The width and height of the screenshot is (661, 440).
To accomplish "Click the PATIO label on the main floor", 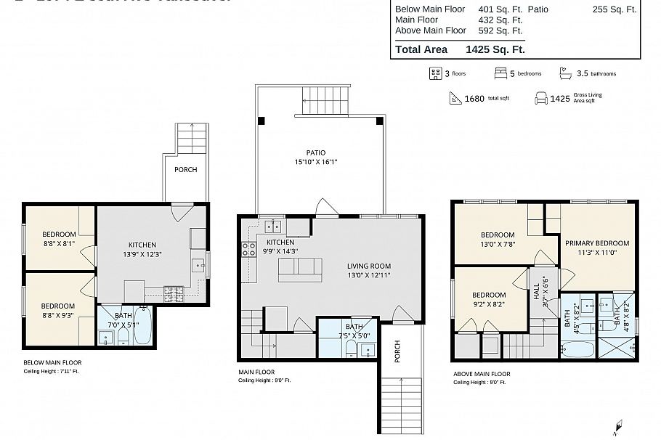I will point(315,152).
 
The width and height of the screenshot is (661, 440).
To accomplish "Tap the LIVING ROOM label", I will point(369,266).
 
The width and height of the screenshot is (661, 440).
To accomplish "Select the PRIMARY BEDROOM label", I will point(597,243).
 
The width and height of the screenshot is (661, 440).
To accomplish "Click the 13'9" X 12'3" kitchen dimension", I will point(142,255).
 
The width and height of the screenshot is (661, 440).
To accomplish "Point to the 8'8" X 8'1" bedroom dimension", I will point(58,244).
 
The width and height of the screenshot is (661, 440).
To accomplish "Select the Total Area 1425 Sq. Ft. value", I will point(494,49).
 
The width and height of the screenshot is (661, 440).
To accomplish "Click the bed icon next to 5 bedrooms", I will point(500,73).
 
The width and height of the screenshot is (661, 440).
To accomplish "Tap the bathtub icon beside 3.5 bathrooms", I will point(565,73).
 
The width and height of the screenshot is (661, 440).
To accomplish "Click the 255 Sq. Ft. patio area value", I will point(615,9).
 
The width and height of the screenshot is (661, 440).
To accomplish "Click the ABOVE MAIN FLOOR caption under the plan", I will point(482,374).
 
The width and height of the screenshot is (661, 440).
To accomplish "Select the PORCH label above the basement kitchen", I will point(185,169).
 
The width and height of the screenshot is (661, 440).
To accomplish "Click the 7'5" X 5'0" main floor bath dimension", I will point(354,335).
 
